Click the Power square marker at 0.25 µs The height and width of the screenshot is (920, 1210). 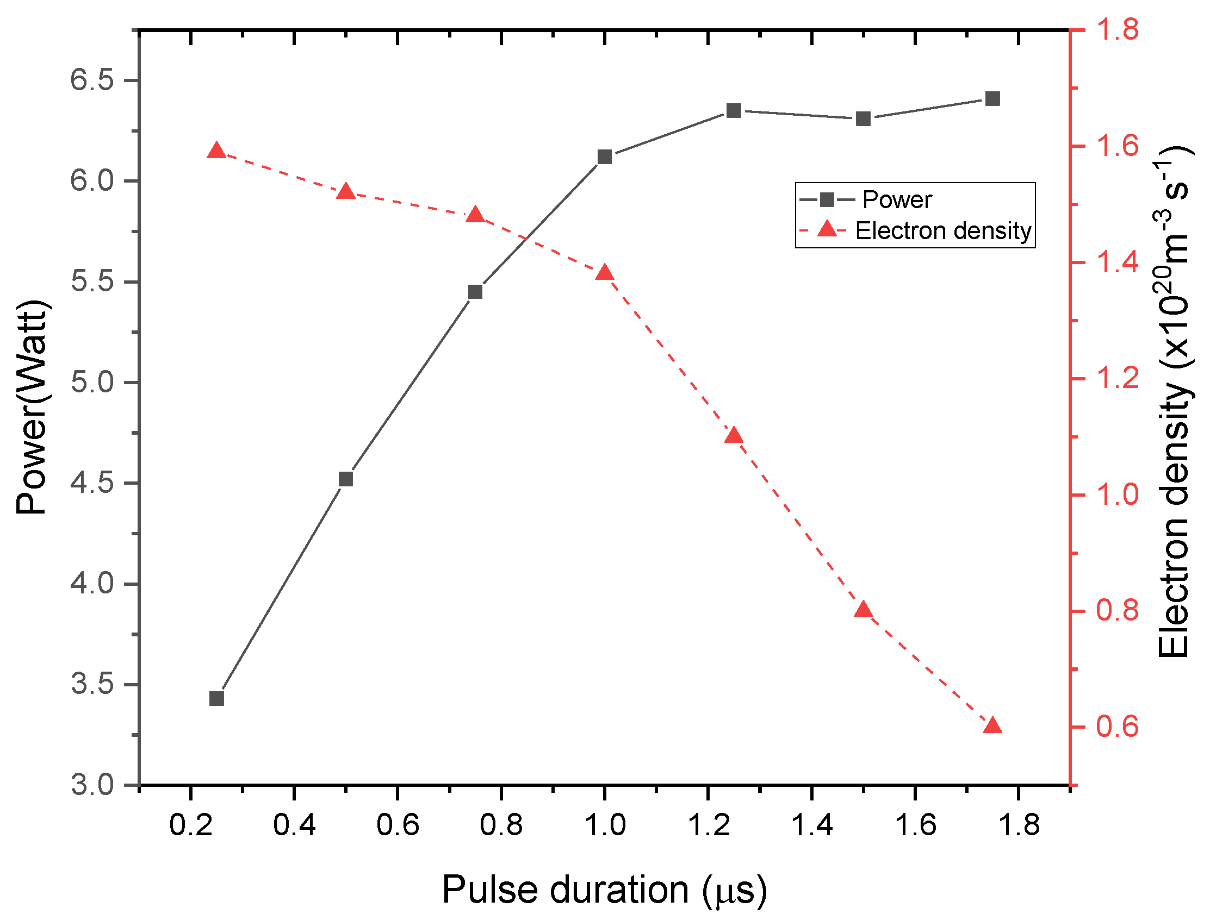pyautogui.click(x=216, y=699)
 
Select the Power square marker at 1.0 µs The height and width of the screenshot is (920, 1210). pyautogui.click(x=604, y=157)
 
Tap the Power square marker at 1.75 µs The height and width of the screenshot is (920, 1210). pyautogui.click(x=992, y=99)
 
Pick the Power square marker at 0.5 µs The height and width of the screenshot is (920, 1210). pyautogui.click(x=346, y=480)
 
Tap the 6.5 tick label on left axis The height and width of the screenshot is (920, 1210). pyautogui.click(x=92, y=80)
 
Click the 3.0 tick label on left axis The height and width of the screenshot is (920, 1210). pyautogui.click(x=92, y=785)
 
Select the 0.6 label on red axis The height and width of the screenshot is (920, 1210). pyautogui.click(x=1117, y=727)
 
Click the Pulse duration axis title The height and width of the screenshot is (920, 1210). pyautogui.click(x=604, y=890)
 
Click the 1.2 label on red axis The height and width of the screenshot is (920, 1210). pyautogui.click(x=1117, y=378)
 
